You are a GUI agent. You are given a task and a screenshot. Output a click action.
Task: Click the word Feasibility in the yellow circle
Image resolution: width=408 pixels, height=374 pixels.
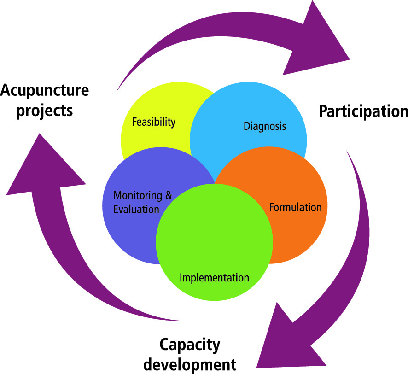tap(154, 122)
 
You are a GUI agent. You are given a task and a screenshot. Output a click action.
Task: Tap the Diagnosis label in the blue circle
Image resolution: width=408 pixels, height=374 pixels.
tap(265, 126)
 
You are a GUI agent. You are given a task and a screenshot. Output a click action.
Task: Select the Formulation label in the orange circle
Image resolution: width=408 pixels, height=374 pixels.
tap(295, 207)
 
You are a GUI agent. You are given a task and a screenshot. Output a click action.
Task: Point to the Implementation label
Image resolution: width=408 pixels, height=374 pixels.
tap(214, 278)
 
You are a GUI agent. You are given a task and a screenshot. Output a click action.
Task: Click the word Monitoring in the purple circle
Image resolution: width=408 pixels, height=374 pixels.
tap(138, 195)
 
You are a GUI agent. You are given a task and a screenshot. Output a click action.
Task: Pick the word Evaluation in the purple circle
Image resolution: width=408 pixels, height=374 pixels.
tap(136, 209)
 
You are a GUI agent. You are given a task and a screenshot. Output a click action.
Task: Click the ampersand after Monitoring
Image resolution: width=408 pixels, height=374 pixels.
tap(169, 195)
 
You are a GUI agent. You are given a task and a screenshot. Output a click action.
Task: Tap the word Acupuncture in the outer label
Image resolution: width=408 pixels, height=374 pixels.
tap(44, 90)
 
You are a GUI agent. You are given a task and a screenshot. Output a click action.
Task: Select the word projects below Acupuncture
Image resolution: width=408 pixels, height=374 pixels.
tap(36, 111)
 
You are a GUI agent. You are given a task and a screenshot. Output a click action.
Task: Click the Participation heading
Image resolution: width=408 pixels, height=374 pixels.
tap(363, 111)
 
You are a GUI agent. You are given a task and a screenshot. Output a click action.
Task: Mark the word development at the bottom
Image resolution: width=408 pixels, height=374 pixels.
tap(190, 364)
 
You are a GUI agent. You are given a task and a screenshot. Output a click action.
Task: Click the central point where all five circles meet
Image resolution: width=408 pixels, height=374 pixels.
tap(215, 182)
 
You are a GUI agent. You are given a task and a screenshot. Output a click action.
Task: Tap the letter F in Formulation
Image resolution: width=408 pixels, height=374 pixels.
tap(272, 207)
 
